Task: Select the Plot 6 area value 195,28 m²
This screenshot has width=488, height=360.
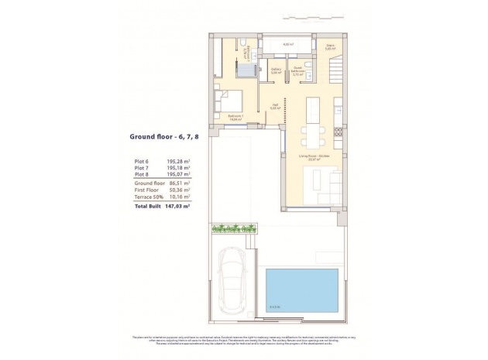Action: [179, 162]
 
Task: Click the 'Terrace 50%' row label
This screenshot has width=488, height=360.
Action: [149, 198]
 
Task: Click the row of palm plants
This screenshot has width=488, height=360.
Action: [232, 228]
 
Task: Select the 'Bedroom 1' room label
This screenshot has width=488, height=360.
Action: [235, 116]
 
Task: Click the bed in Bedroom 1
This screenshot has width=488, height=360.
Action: [231, 101]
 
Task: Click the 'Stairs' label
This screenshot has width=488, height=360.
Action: [328, 46]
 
